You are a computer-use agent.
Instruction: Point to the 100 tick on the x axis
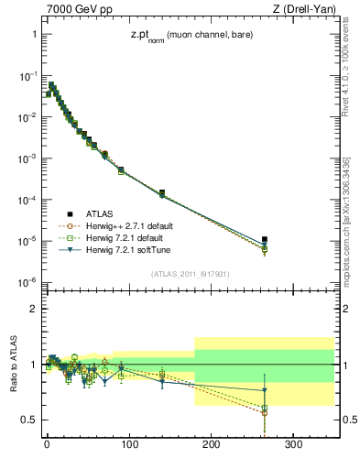pos(129,445)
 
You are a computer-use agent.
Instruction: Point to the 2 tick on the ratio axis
pos(33,309)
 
